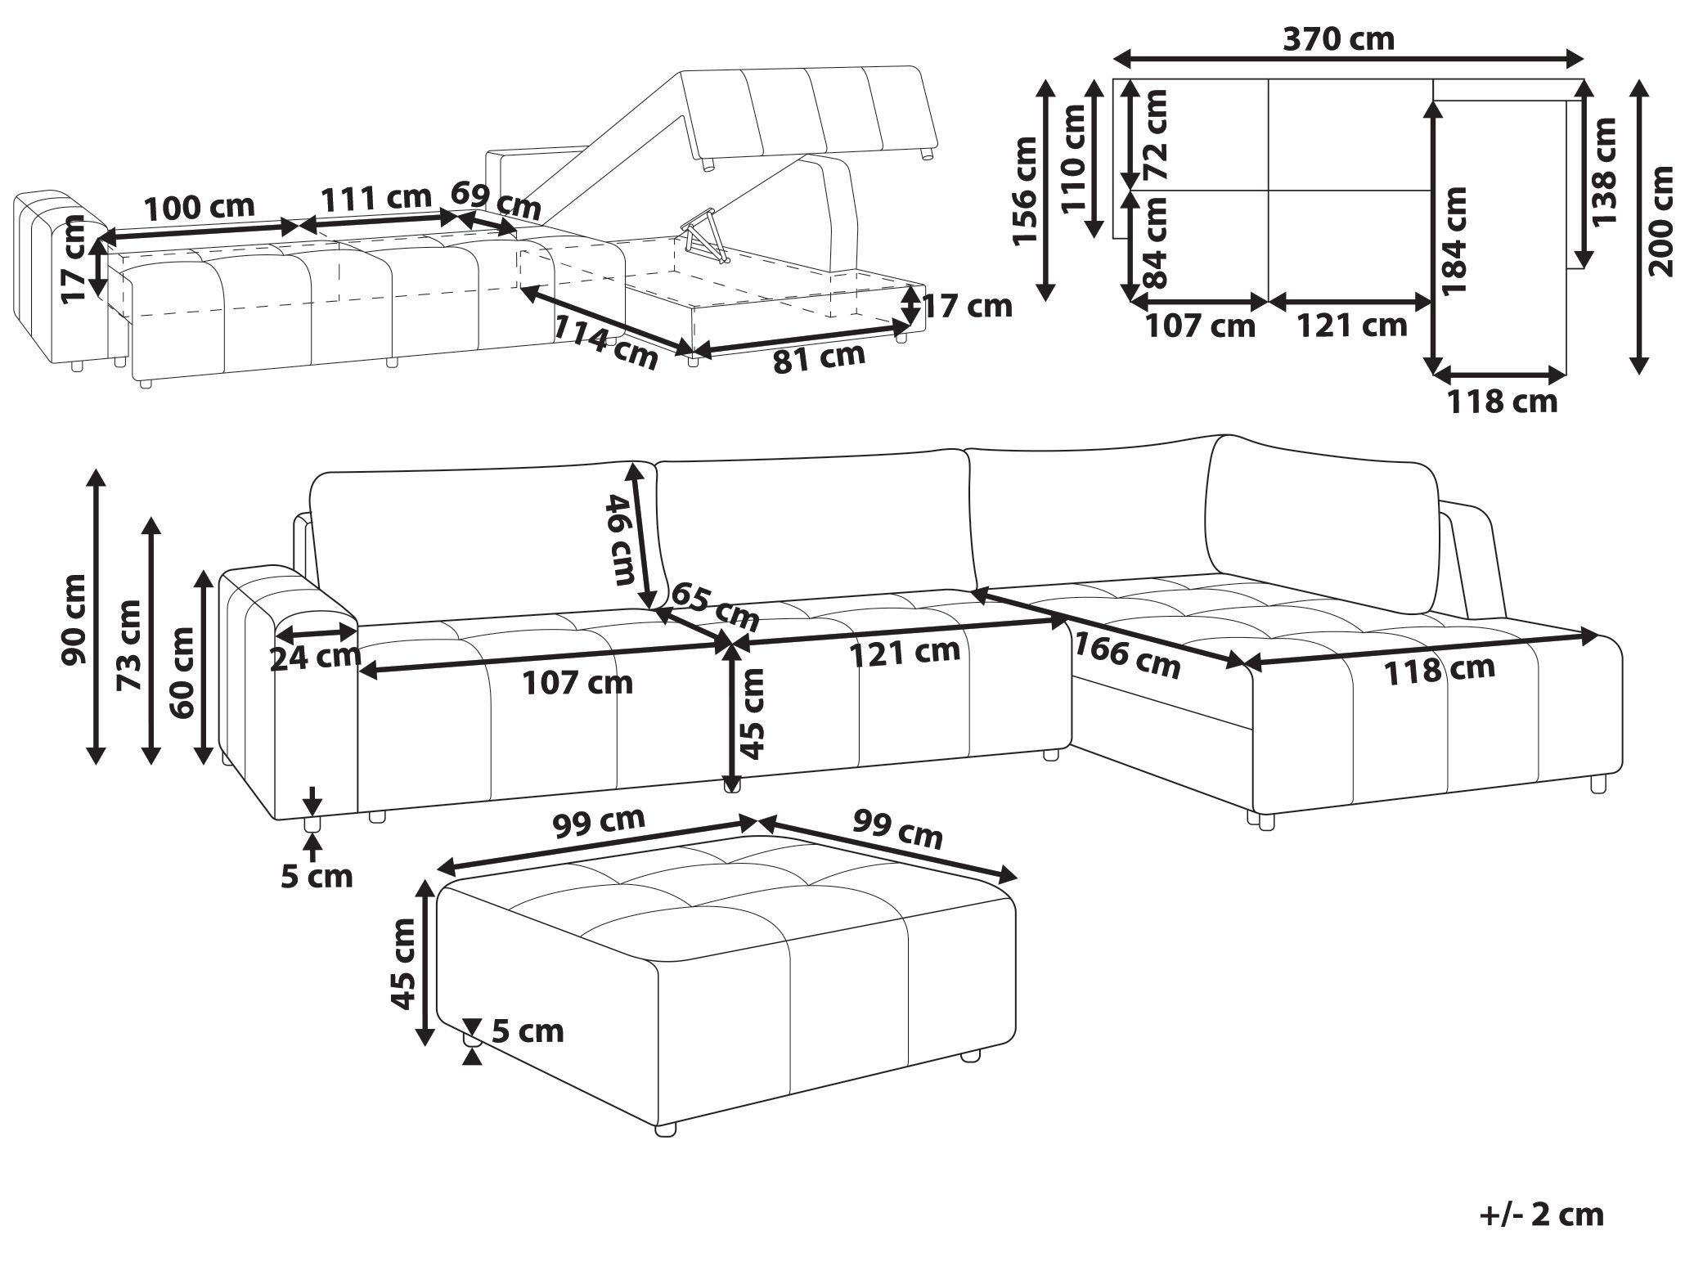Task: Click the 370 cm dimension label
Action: tap(1338, 38)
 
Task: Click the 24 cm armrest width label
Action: tap(316, 655)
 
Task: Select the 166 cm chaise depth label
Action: tap(1126, 657)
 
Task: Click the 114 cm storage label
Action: tap(606, 341)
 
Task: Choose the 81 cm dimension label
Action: tap(819, 358)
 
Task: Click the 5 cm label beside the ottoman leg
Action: tap(528, 1031)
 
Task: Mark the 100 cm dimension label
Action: tap(200, 207)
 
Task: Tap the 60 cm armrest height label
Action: tap(182, 672)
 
